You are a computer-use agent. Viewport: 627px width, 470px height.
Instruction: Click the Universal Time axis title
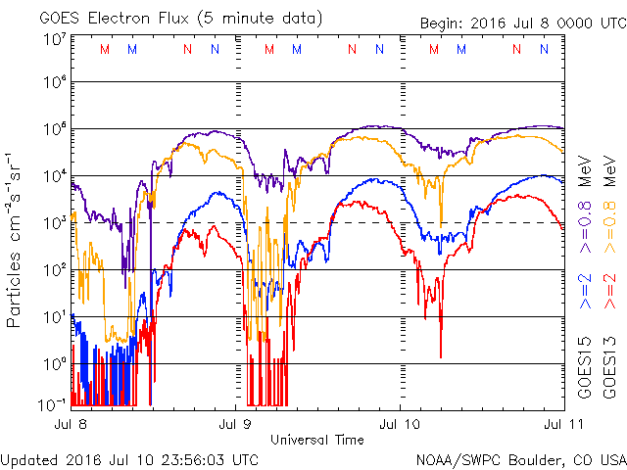coord(316,440)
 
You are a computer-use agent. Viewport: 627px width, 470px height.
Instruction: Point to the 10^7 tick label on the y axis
coord(55,40)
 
